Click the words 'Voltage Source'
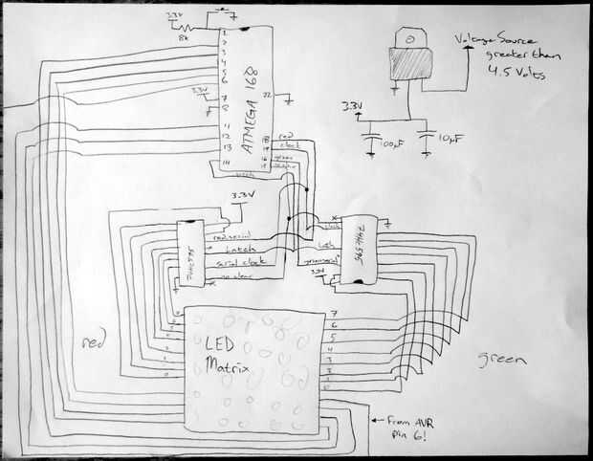(489, 40)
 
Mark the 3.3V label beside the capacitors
(350, 105)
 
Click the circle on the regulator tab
(408, 39)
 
